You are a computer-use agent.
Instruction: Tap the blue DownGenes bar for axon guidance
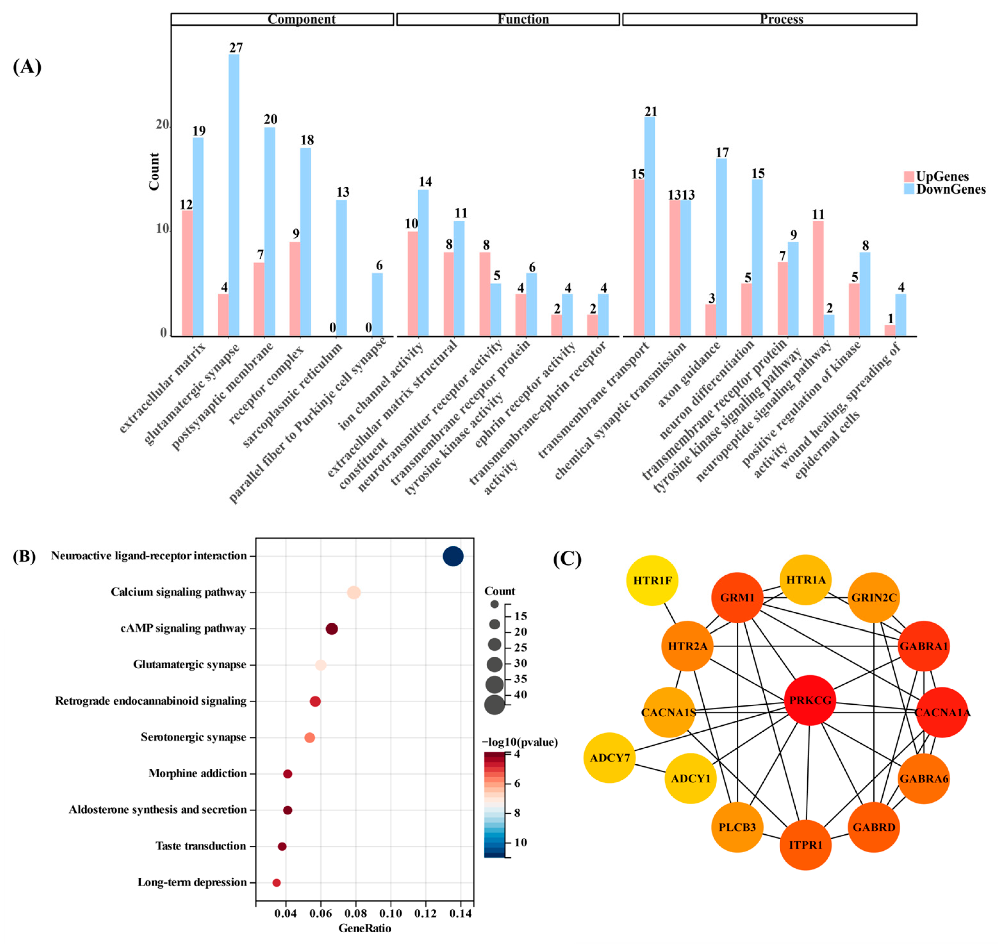pyautogui.click(x=721, y=247)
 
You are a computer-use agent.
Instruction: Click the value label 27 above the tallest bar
pyautogui.click(x=236, y=48)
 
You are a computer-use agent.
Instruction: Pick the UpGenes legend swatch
pyautogui.click(x=909, y=176)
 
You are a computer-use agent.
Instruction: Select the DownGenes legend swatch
pyautogui.click(x=909, y=189)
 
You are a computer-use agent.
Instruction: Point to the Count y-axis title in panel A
pyautogui.click(x=154, y=172)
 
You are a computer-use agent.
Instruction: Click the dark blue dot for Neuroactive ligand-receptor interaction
pyautogui.click(x=453, y=556)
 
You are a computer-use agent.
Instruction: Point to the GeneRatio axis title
pyautogui.click(x=364, y=928)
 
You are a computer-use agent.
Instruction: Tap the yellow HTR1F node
pyautogui.click(x=652, y=580)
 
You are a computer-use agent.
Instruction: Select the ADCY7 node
pyautogui.click(x=609, y=758)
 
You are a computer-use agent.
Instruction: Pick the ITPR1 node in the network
pyautogui.click(x=805, y=845)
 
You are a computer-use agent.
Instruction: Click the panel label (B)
pyautogui.click(x=24, y=557)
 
